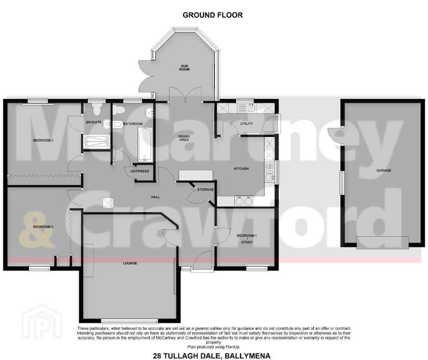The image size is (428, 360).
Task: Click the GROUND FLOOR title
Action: tap(213, 15)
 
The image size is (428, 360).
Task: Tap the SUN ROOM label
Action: tap(184, 68)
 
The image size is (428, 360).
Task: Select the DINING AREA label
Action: tap(184, 138)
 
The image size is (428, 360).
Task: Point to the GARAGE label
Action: tap(384, 170)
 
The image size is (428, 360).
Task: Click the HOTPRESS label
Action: tap(140, 171)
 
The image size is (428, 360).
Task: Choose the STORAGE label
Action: tap(205, 189)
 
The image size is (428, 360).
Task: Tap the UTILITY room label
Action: tap(246, 124)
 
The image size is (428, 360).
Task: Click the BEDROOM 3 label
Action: tap(43, 141)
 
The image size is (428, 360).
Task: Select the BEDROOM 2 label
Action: tap(43, 227)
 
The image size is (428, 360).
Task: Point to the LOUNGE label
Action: tap(130, 263)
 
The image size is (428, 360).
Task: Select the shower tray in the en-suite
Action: tap(96, 142)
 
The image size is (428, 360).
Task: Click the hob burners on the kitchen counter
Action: tap(244, 201)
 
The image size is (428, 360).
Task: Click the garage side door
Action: tap(335, 135)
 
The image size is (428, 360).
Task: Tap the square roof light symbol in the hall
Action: tap(108, 202)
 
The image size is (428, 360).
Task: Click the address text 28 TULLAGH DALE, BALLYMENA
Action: tap(212, 356)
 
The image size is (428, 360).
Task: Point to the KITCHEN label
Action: tap(241, 169)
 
